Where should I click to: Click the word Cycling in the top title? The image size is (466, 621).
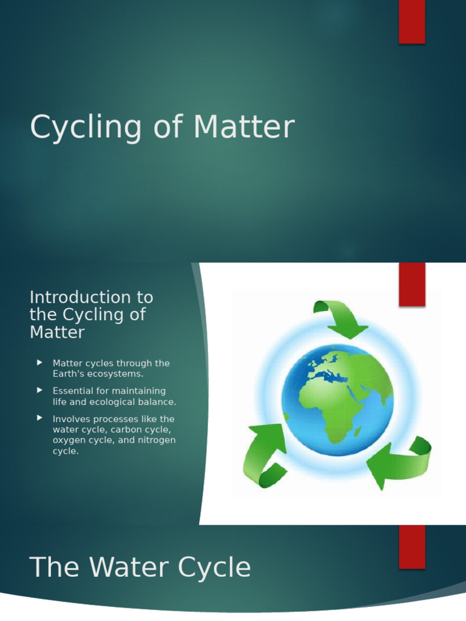click(93, 129)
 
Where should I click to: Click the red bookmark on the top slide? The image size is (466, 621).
click(411, 22)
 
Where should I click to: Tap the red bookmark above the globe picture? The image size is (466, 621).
click(411, 284)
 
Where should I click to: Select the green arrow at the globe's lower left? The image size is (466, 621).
click(262, 455)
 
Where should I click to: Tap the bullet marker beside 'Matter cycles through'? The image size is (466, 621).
click(39, 363)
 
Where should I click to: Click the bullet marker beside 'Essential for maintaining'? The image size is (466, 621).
click(39, 391)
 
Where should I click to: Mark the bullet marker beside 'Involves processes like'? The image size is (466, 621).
click(39, 418)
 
